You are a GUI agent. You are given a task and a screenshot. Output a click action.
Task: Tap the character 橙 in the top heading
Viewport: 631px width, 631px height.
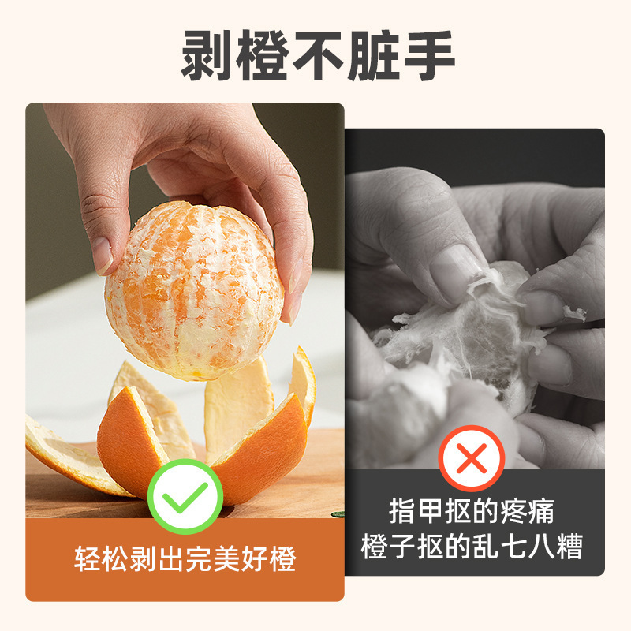[263, 56]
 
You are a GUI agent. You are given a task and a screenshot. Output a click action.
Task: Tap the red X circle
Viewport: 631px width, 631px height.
[472, 458]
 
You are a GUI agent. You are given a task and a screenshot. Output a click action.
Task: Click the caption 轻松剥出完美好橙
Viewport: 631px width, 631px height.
[185, 559]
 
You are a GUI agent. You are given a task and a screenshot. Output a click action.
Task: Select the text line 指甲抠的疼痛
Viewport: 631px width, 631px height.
[472, 511]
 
